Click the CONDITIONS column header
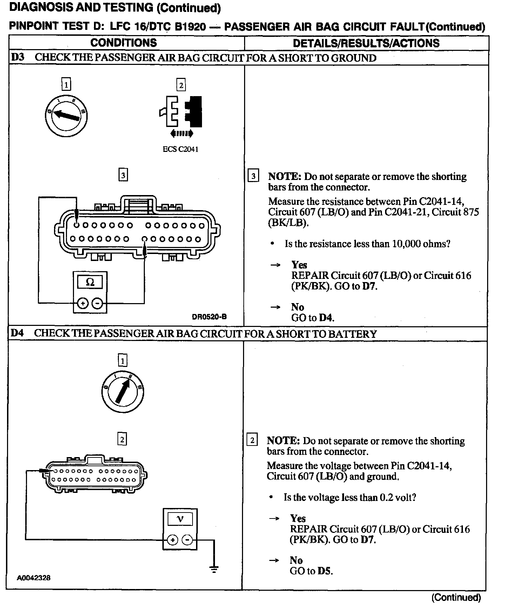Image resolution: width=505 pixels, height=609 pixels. (x=123, y=43)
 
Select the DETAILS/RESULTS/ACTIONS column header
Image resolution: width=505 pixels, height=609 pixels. (x=366, y=43)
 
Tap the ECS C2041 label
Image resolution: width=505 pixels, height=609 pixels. (x=181, y=149)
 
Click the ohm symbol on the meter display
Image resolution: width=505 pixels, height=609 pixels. (x=90, y=282)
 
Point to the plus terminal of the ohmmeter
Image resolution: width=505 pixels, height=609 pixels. (x=82, y=303)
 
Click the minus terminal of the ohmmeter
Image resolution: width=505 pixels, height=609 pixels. (x=99, y=303)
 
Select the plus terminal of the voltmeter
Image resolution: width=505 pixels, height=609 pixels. (x=172, y=540)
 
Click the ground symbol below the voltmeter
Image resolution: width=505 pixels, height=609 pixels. (x=214, y=570)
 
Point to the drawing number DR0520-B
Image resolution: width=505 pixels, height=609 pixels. (x=209, y=317)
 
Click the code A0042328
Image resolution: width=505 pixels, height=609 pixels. (x=34, y=578)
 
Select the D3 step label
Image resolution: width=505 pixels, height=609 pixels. (x=18, y=58)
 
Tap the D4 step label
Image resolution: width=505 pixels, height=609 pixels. (x=17, y=333)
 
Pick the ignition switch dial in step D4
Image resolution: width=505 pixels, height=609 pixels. (x=122, y=391)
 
